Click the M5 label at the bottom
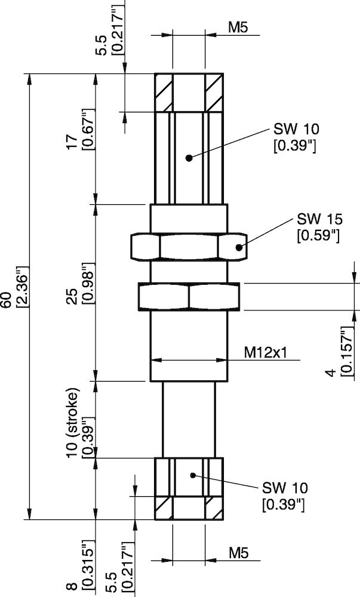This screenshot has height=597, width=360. pos(238,553)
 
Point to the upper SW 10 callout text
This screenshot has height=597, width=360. pos(296,130)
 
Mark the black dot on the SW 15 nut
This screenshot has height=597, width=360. pos(239,247)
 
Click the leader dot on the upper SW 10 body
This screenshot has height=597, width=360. pos(189,158)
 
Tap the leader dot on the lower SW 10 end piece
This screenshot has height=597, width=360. pos(192,475)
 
